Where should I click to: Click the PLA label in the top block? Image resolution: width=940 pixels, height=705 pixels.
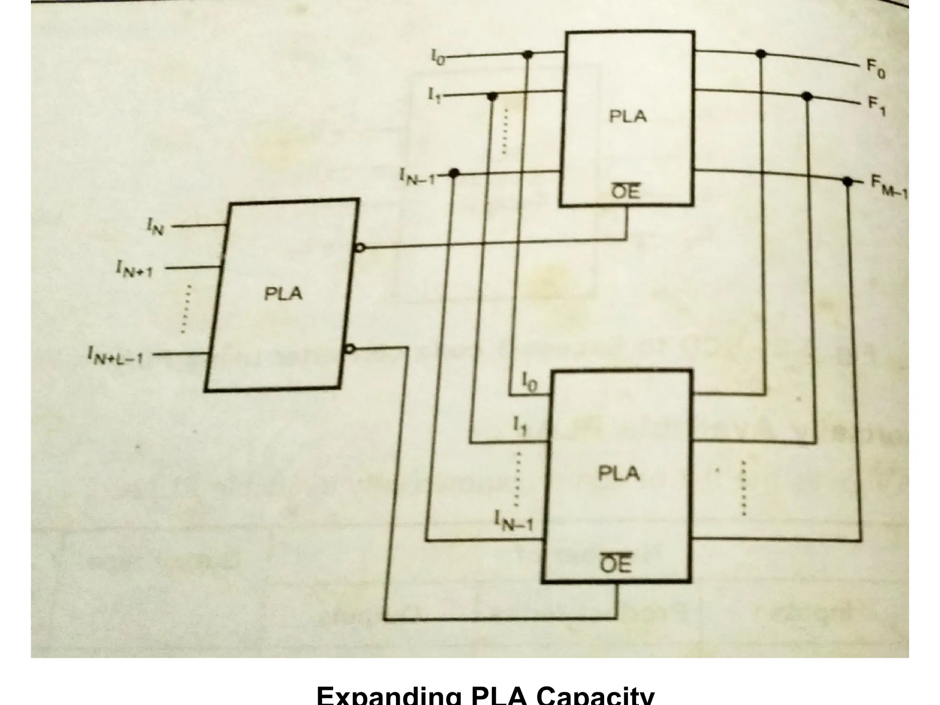tap(627, 116)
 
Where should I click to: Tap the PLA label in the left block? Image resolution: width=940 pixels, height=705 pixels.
tap(283, 293)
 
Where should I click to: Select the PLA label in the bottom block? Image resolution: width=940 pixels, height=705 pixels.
tap(619, 473)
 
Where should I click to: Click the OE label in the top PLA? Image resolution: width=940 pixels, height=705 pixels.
tap(626, 192)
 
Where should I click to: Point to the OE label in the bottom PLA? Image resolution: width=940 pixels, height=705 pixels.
tap(616, 564)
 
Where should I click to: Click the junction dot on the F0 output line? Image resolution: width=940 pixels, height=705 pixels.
tap(761, 54)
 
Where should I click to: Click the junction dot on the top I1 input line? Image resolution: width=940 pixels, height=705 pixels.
tap(492, 97)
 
